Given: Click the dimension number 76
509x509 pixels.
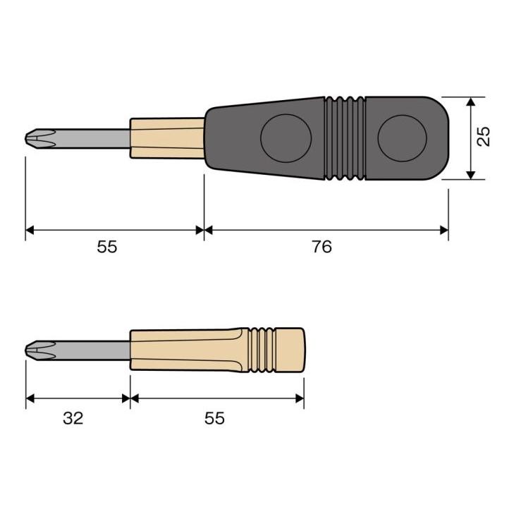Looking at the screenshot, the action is click(x=321, y=246).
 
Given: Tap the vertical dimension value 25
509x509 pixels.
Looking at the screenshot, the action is click(x=484, y=136).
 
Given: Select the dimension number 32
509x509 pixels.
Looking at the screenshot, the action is click(x=73, y=418).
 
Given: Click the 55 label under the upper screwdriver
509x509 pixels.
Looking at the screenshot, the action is click(x=106, y=247).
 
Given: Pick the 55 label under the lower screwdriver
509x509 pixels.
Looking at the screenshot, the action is click(x=214, y=418).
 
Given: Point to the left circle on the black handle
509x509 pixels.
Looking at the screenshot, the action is click(x=286, y=138).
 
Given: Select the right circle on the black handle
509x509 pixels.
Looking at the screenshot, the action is click(x=403, y=138).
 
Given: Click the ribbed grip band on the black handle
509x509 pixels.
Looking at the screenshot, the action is click(x=345, y=138).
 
